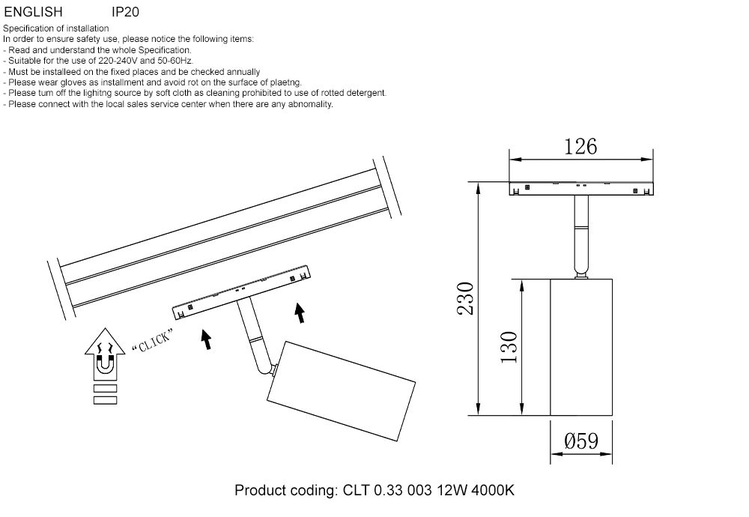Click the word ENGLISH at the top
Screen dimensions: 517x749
[x=33, y=13]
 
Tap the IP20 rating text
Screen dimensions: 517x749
[x=125, y=13]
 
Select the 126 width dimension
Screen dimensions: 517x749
[x=580, y=147]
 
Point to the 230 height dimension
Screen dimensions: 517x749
[x=465, y=298]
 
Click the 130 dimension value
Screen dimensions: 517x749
[x=509, y=346]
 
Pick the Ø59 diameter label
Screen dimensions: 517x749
[x=581, y=441]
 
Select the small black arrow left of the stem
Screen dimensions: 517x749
[x=205, y=339]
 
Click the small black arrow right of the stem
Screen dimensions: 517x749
[x=300, y=312]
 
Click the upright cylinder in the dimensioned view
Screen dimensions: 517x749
[x=581, y=346]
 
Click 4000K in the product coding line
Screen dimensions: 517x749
[x=490, y=491]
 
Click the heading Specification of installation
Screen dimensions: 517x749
[x=56, y=28]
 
